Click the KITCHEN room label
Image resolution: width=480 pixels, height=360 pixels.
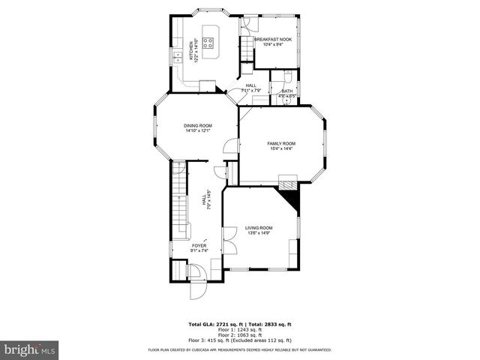[192, 51]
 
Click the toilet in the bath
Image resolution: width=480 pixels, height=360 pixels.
[288, 76]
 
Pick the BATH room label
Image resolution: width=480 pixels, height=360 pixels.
[286, 91]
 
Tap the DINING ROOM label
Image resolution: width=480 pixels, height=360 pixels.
[198, 125]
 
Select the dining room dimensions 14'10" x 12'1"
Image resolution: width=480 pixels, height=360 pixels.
[198, 131]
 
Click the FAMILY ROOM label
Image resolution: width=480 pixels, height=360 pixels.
[281, 143]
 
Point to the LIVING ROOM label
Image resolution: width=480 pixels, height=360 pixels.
[259, 227]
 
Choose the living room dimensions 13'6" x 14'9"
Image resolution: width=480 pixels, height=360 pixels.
[259, 233]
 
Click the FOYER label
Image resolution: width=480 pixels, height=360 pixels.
[199, 245]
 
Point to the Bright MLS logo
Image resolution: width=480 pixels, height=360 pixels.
[30, 349]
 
